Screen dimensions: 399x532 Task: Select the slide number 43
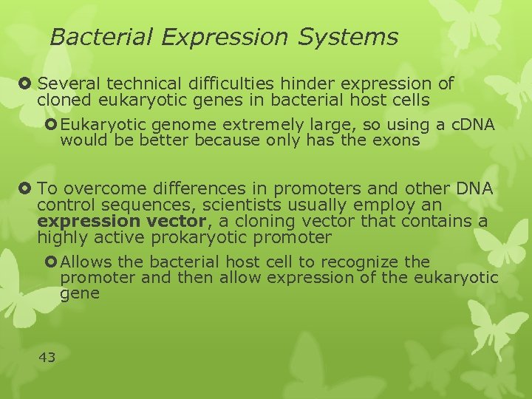[x=47, y=357]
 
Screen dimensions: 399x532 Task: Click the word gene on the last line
[x=79, y=293]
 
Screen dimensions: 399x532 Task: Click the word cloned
[x=62, y=100]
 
